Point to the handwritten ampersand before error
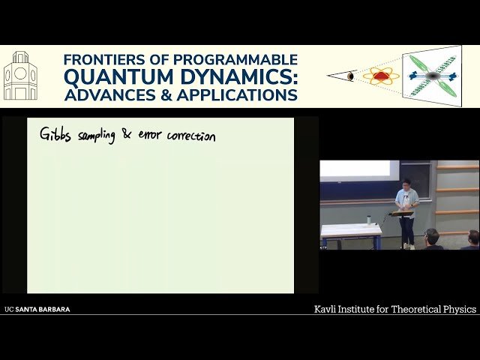coord(125,135)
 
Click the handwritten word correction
coord(190,136)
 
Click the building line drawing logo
coord(20,76)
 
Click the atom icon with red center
coord(381,76)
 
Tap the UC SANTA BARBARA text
coord(37,309)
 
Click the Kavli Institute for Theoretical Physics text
coord(394,309)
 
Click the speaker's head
coord(406,184)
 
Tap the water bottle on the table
coord(368,220)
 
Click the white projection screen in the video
coord(359,169)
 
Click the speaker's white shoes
coord(407,245)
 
